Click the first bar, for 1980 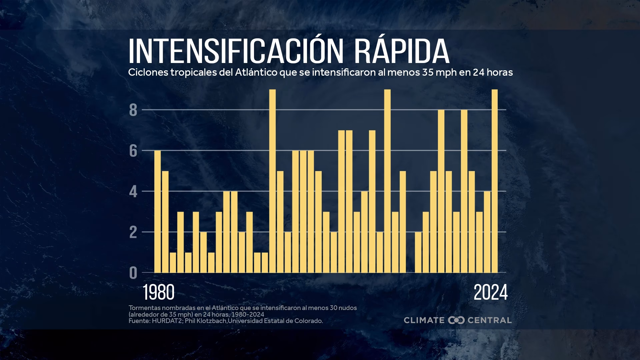[x=157, y=211]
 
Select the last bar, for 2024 [x=495, y=181]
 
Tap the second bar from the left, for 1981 [x=165, y=222]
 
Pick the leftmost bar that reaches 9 [x=272, y=181]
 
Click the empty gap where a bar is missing [x=410, y=253]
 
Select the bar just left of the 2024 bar [x=487, y=232]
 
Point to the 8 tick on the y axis [x=133, y=110]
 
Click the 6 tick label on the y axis [x=133, y=151]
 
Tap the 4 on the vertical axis [x=133, y=192]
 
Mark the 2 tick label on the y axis [x=133, y=232]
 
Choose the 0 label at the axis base [x=133, y=273]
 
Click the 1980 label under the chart [x=159, y=293]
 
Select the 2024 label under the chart [x=490, y=293]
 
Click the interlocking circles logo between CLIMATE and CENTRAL [x=456, y=320]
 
